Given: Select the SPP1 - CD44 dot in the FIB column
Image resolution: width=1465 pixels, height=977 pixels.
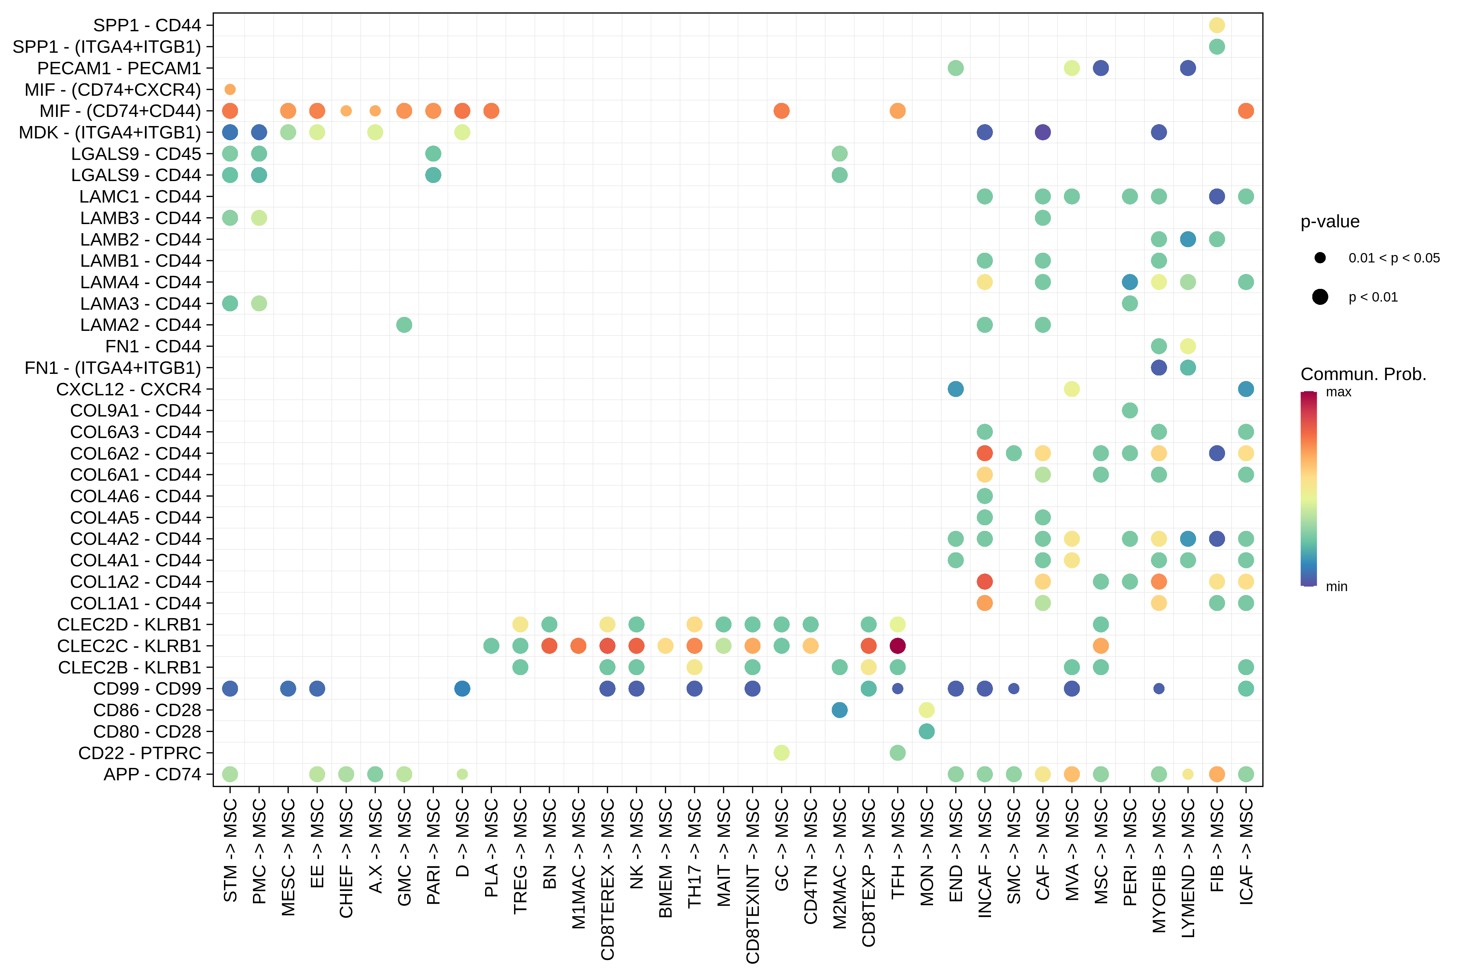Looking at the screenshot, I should [x=1217, y=25].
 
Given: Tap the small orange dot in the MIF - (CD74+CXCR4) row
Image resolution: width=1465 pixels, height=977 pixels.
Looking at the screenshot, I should [x=230, y=89].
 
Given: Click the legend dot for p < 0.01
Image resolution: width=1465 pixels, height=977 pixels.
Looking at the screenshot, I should [x=1320, y=297].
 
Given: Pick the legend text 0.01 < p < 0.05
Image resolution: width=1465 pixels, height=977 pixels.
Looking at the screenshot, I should [x=1394, y=258].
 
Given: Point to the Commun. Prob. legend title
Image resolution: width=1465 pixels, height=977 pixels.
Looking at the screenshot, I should [x=1363, y=374].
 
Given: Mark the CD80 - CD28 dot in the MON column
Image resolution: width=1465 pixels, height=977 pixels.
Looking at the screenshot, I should [x=926, y=731].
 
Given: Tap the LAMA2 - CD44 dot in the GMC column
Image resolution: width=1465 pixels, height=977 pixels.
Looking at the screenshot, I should [x=404, y=325].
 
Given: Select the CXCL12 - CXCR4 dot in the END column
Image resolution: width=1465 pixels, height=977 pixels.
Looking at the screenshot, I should [x=956, y=389].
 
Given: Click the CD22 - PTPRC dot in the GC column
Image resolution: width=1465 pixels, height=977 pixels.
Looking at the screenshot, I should [x=781, y=753].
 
